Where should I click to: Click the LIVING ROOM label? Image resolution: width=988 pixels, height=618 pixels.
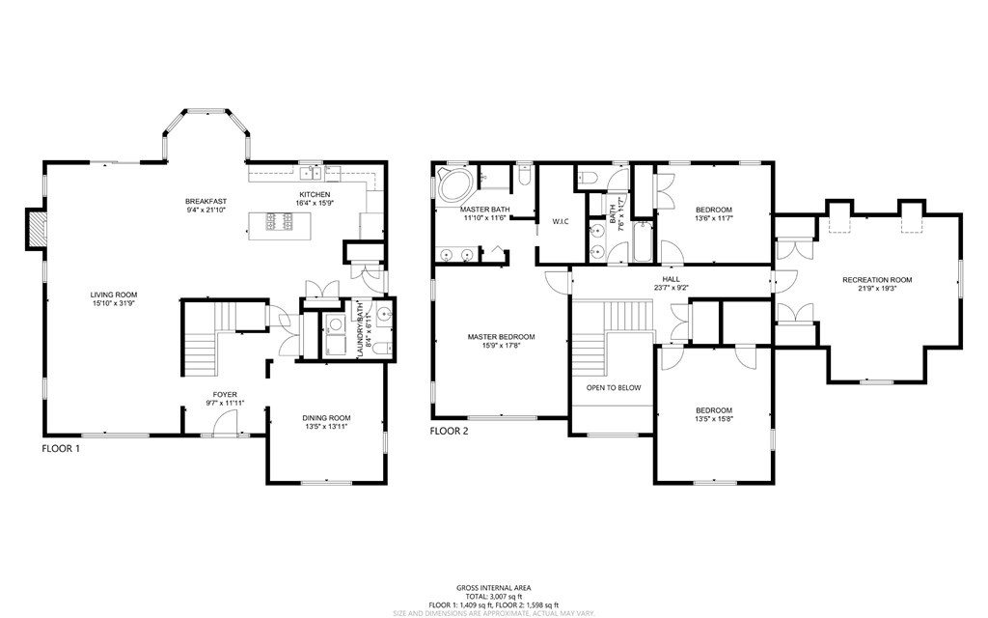(115, 295)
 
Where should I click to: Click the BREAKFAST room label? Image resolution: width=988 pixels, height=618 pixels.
(205, 202)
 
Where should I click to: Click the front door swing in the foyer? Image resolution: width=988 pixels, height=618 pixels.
(224, 423)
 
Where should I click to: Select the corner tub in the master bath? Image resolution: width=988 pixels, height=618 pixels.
(451, 184)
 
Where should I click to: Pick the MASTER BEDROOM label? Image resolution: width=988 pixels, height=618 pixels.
(501, 337)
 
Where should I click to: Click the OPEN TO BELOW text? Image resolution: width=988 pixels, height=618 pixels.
(614, 387)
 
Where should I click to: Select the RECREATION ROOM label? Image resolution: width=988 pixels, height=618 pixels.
(876, 280)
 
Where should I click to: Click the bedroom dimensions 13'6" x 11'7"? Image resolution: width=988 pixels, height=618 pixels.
(714, 219)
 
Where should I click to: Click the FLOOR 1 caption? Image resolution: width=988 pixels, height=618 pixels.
(61, 448)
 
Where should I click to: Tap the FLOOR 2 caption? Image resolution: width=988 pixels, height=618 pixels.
(449, 431)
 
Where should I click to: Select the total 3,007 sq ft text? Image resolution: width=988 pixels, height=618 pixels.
(493, 596)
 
